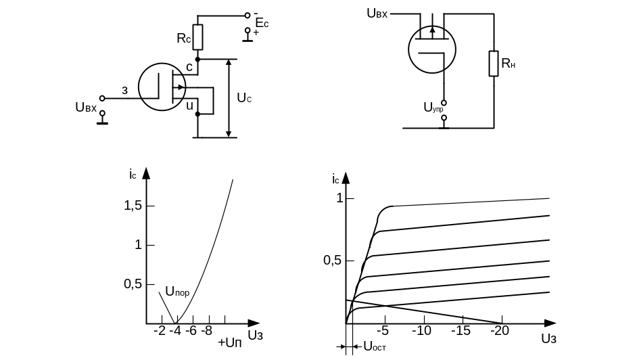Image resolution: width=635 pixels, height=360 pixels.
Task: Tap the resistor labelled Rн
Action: click(x=494, y=64)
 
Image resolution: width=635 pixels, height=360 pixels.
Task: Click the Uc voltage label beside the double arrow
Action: click(x=244, y=98)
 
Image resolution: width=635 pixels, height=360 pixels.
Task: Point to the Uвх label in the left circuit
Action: click(x=87, y=108)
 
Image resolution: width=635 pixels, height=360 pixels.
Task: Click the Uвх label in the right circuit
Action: click(x=377, y=13)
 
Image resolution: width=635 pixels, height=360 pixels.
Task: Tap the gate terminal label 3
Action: click(x=124, y=90)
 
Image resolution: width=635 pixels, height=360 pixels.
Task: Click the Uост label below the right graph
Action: click(x=374, y=346)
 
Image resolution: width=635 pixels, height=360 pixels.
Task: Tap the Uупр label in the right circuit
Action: click(x=433, y=106)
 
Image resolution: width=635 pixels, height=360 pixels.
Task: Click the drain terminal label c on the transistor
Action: click(x=189, y=68)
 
